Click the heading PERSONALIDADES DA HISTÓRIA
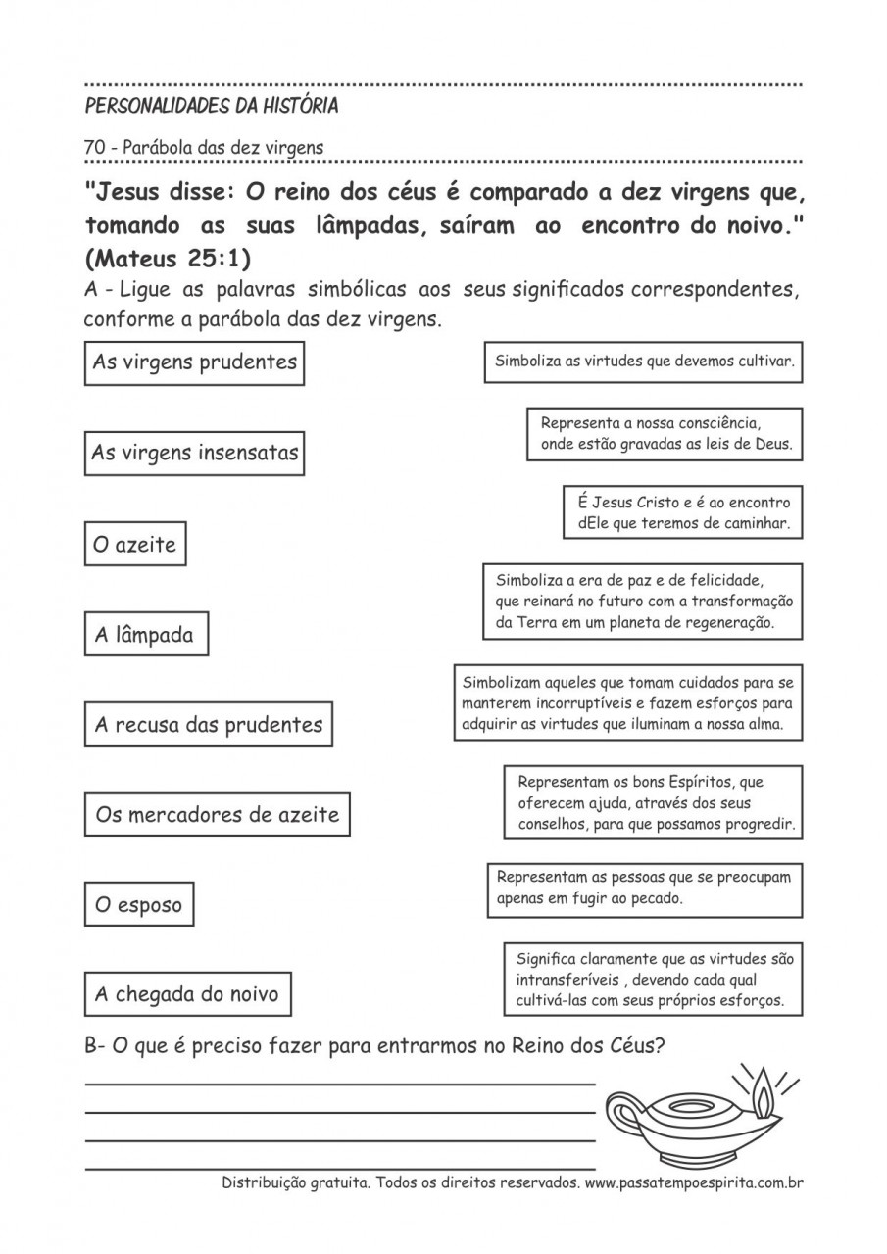click(x=212, y=106)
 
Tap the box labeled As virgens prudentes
click(x=194, y=362)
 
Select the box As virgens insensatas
click(x=194, y=454)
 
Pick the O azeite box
click(x=134, y=545)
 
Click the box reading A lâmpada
click(x=145, y=635)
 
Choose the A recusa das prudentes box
click(x=208, y=725)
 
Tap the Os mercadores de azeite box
click(x=217, y=815)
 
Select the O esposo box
click(x=138, y=905)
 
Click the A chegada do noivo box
click(x=187, y=994)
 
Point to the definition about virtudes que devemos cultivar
click(x=643, y=362)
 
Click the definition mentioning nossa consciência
click(x=665, y=434)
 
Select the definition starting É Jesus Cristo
click(x=683, y=512)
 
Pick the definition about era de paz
click(x=643, y=602)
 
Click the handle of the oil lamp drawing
click(x=623, y=1113)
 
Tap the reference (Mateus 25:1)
click(x=168, y=260)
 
